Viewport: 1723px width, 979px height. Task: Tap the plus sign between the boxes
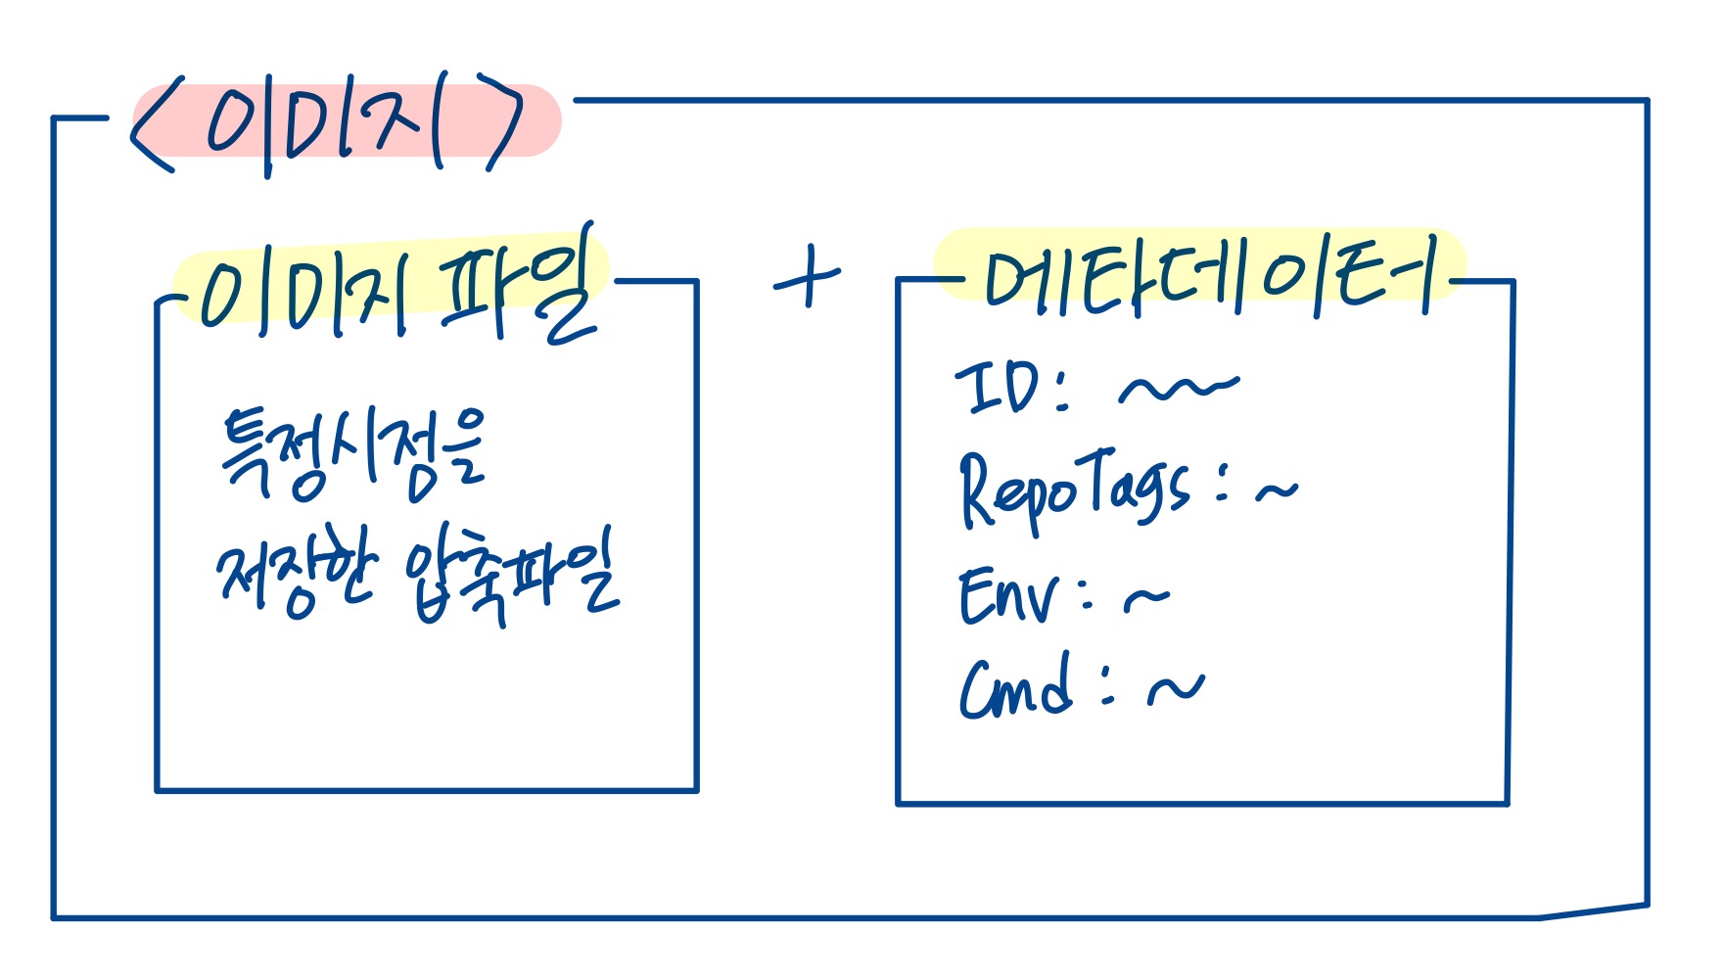pos(808,278)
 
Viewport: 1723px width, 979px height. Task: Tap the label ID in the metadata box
pos(999,388)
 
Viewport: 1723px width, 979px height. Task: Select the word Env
pos(1008,595)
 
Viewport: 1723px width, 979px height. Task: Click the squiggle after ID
pos(1179,387)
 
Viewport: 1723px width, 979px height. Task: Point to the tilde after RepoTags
pos(1277,489)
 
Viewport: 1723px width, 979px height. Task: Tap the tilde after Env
pos(1146,597)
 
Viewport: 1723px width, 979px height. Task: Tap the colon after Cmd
pos(1107,685)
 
